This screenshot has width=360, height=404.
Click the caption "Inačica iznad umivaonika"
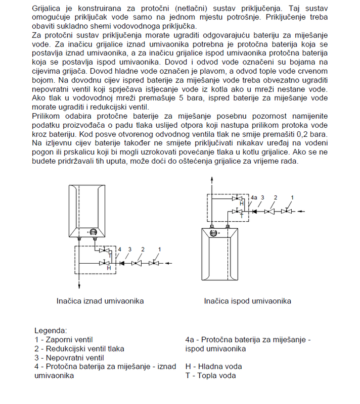click(100, 301)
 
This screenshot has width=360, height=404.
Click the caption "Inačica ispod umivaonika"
click(247, 301)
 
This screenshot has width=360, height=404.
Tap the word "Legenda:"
click(50, 330)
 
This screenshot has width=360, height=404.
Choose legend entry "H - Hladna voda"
click(213, 367)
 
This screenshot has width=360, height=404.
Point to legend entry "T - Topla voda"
click(210, 376)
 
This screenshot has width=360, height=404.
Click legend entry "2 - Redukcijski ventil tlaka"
click(79, 348)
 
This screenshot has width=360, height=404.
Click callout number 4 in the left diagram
click(120, 249)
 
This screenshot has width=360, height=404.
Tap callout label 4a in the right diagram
click(254, 197)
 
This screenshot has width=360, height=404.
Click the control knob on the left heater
click(93, 232)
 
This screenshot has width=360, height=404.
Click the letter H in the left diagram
click(108, 268)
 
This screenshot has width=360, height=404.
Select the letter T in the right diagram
click(241, 216)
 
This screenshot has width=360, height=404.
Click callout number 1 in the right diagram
click(291, 197)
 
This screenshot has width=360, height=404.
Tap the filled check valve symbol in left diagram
click(121, 263)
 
